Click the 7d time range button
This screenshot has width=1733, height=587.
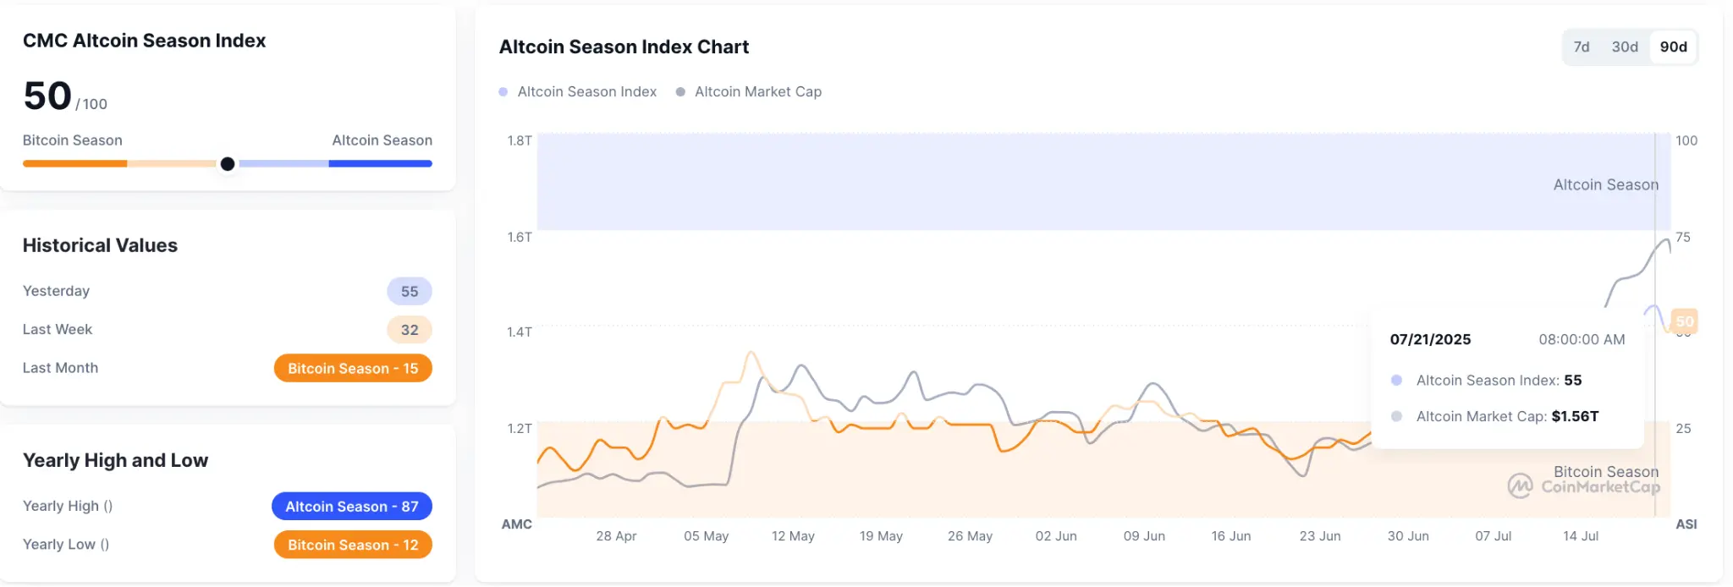(1581, 47)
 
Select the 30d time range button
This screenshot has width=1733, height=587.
(1625, 47)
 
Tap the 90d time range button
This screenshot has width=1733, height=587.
(1673, 47)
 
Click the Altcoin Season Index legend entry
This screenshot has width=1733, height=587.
(586, 91)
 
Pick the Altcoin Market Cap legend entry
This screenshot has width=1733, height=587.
(757, 91)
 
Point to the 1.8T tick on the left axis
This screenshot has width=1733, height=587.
(520, 140)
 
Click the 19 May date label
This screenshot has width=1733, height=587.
(881, 536)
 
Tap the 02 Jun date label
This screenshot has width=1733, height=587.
(1056, 536)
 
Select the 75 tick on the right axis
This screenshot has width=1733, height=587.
(1683, 238)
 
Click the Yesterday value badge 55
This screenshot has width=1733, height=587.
(410, 292)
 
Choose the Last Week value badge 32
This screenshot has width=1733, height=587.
(410, 330)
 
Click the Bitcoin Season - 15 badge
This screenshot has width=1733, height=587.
(353, 369)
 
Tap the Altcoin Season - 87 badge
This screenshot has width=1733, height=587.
(352, 507)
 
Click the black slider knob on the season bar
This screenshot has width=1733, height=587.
(228, 164)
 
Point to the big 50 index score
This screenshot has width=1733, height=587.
(47, 96)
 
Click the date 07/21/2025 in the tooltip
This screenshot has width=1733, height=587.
(1430, 340)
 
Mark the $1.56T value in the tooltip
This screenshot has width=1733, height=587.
(1575, 416)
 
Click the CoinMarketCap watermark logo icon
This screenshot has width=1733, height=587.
(1520, 486)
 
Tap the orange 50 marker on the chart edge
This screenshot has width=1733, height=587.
(1685, 321)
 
